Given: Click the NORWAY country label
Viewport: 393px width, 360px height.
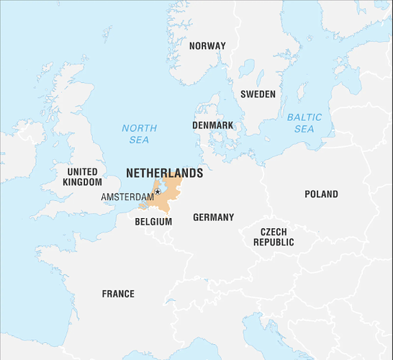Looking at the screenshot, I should pyautogui.click(x=207, y=46).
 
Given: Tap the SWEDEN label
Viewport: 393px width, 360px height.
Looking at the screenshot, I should pyautogui.click(x=258, y=94).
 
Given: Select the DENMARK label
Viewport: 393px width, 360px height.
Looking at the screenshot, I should pyautogui.click(x=212, y=125).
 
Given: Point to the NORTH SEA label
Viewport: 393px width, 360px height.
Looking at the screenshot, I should pyautogui.click(x=139, y=134).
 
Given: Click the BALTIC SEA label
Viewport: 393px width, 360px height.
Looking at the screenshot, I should pyautogui.click(x=304, y=123).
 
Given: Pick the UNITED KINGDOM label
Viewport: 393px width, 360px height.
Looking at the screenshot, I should pyautogui.click(x=82, y=177).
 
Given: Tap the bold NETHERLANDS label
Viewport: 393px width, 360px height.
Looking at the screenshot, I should pyautogui.click(x=164, y=174).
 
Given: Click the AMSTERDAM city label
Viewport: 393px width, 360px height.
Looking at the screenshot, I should pyautogui.click(x=127, y=197).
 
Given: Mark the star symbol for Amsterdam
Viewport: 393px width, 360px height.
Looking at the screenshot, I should pyautogui.click(x=158, y=192).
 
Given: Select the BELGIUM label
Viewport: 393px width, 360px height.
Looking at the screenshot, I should pyautogui.click(x=153, y=222).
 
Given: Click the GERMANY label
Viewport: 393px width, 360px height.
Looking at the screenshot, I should pyautogui.click(x=213, y=217).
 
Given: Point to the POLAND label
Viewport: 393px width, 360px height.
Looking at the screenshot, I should pyautogui.click(x=321, y=194).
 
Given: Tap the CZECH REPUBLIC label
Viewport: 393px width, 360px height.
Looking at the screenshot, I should pyautogui.click(x=274, y=237).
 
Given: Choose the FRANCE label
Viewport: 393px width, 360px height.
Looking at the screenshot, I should pyautogui.click(x=118, y=294).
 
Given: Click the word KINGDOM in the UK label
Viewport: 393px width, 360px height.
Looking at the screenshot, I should pyautogui.click(x=82, y=182).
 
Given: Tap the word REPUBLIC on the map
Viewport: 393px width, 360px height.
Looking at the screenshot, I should pyautogui.click(x=274, y=243).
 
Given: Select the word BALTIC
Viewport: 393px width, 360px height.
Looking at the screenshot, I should pyautogui.click(x=304, y=117).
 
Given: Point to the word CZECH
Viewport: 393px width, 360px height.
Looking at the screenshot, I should pyautogui.click(x=274, y=232).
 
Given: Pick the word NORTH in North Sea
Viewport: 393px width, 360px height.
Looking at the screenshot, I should pyautogui.click(x=139, y=128).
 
